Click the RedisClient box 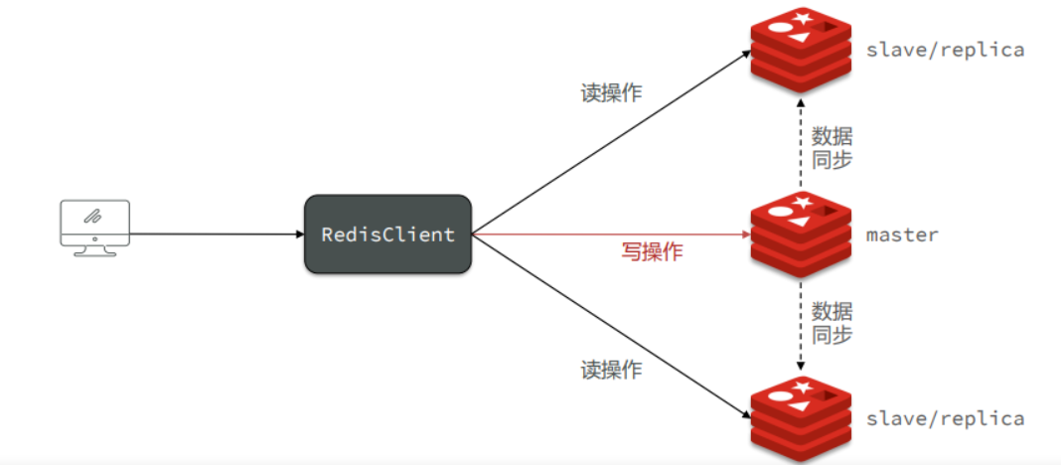point(387,234)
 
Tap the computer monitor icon point(94,226)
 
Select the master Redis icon point(801,234)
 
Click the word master point(902,235)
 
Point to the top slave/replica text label point(945,50)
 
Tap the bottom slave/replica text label point(945,418)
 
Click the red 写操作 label point(653,252)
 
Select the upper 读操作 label point(611,93)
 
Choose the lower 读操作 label point(611,371)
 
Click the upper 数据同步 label point(832,147)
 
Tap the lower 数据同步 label point(832,323)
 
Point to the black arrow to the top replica point(606,145)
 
